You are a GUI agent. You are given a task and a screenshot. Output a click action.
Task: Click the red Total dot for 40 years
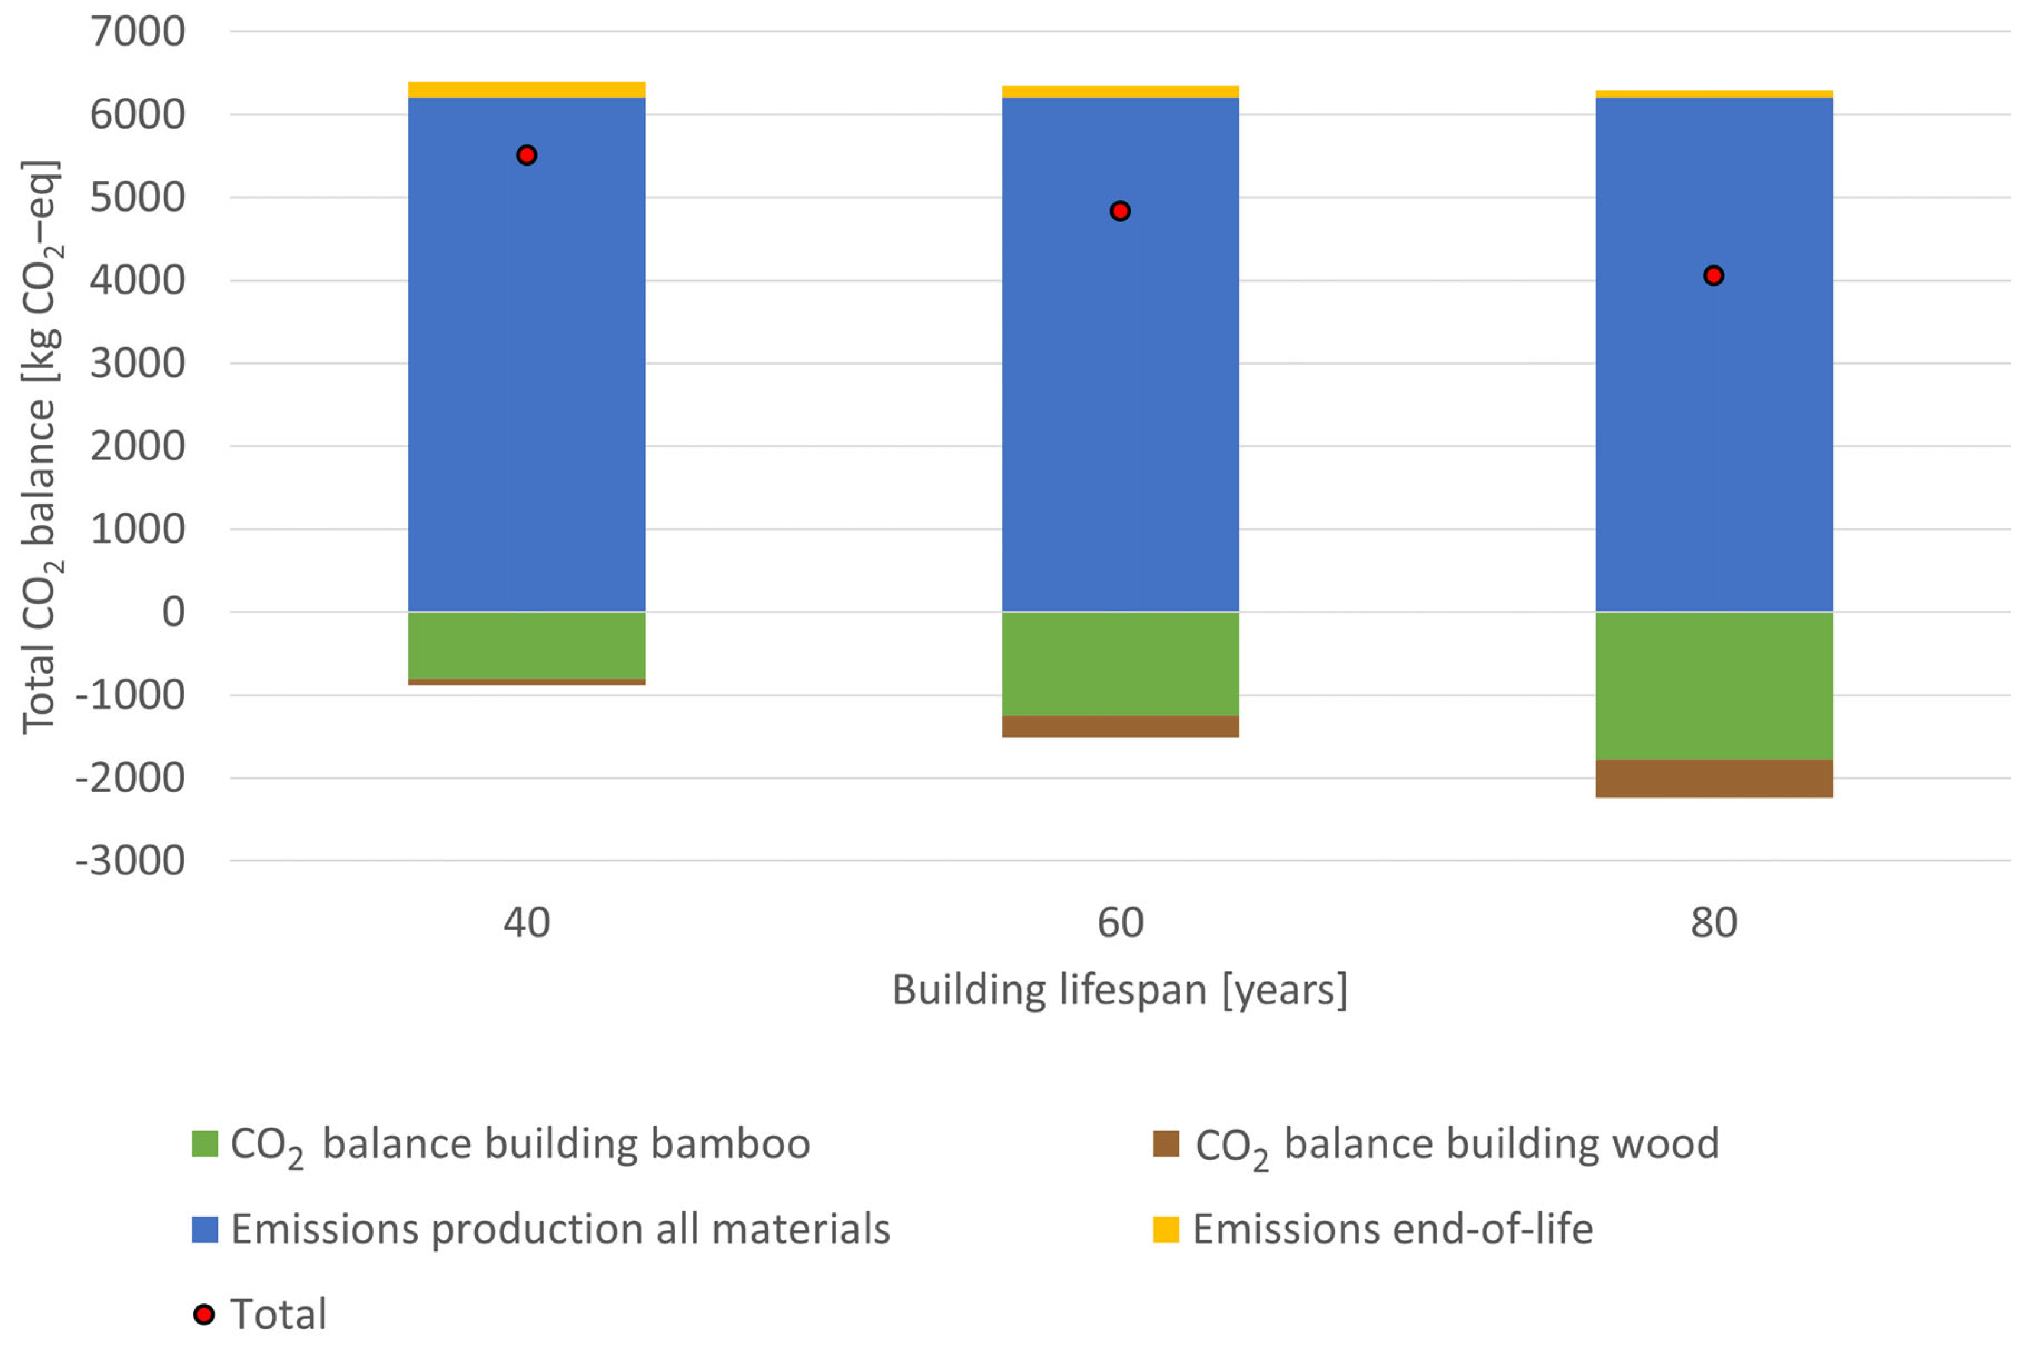526,155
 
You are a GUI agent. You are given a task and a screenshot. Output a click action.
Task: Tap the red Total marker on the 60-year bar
1120,211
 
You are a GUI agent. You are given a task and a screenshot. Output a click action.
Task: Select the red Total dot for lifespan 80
1714,275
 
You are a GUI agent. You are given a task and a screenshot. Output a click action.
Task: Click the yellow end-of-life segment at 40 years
526,89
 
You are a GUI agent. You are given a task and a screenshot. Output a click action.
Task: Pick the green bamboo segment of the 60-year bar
1120,664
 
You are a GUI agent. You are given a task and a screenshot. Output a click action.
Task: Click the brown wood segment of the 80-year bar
1714,779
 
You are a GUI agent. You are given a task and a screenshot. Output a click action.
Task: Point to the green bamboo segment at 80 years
1714,685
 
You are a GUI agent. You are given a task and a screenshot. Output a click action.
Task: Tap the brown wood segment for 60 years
1120,726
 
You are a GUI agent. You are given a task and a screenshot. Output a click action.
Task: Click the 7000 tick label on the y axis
137,32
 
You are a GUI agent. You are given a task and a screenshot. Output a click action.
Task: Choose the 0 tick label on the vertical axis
173,612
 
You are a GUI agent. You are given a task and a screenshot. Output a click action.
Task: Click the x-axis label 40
526,923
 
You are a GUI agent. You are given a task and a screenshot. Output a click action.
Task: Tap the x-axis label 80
1714,923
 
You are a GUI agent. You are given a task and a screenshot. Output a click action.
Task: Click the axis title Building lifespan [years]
1120,990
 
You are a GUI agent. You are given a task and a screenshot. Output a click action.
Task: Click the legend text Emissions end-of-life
1392,1230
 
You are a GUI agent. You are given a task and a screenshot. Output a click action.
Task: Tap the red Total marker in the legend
205,1314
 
